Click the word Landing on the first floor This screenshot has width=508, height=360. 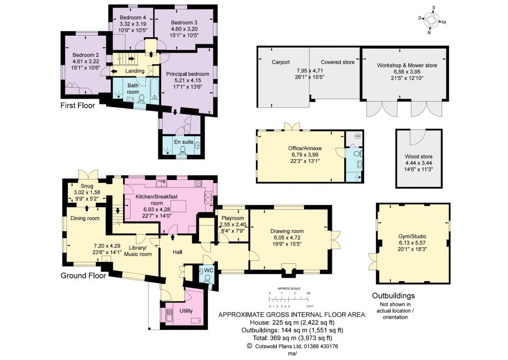135,71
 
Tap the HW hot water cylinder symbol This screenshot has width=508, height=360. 356,136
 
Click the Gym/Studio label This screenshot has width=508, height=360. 412,237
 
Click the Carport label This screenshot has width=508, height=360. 280,62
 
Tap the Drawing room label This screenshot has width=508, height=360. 287,231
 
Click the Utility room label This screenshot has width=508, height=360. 186,310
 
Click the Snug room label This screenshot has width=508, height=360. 87,186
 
